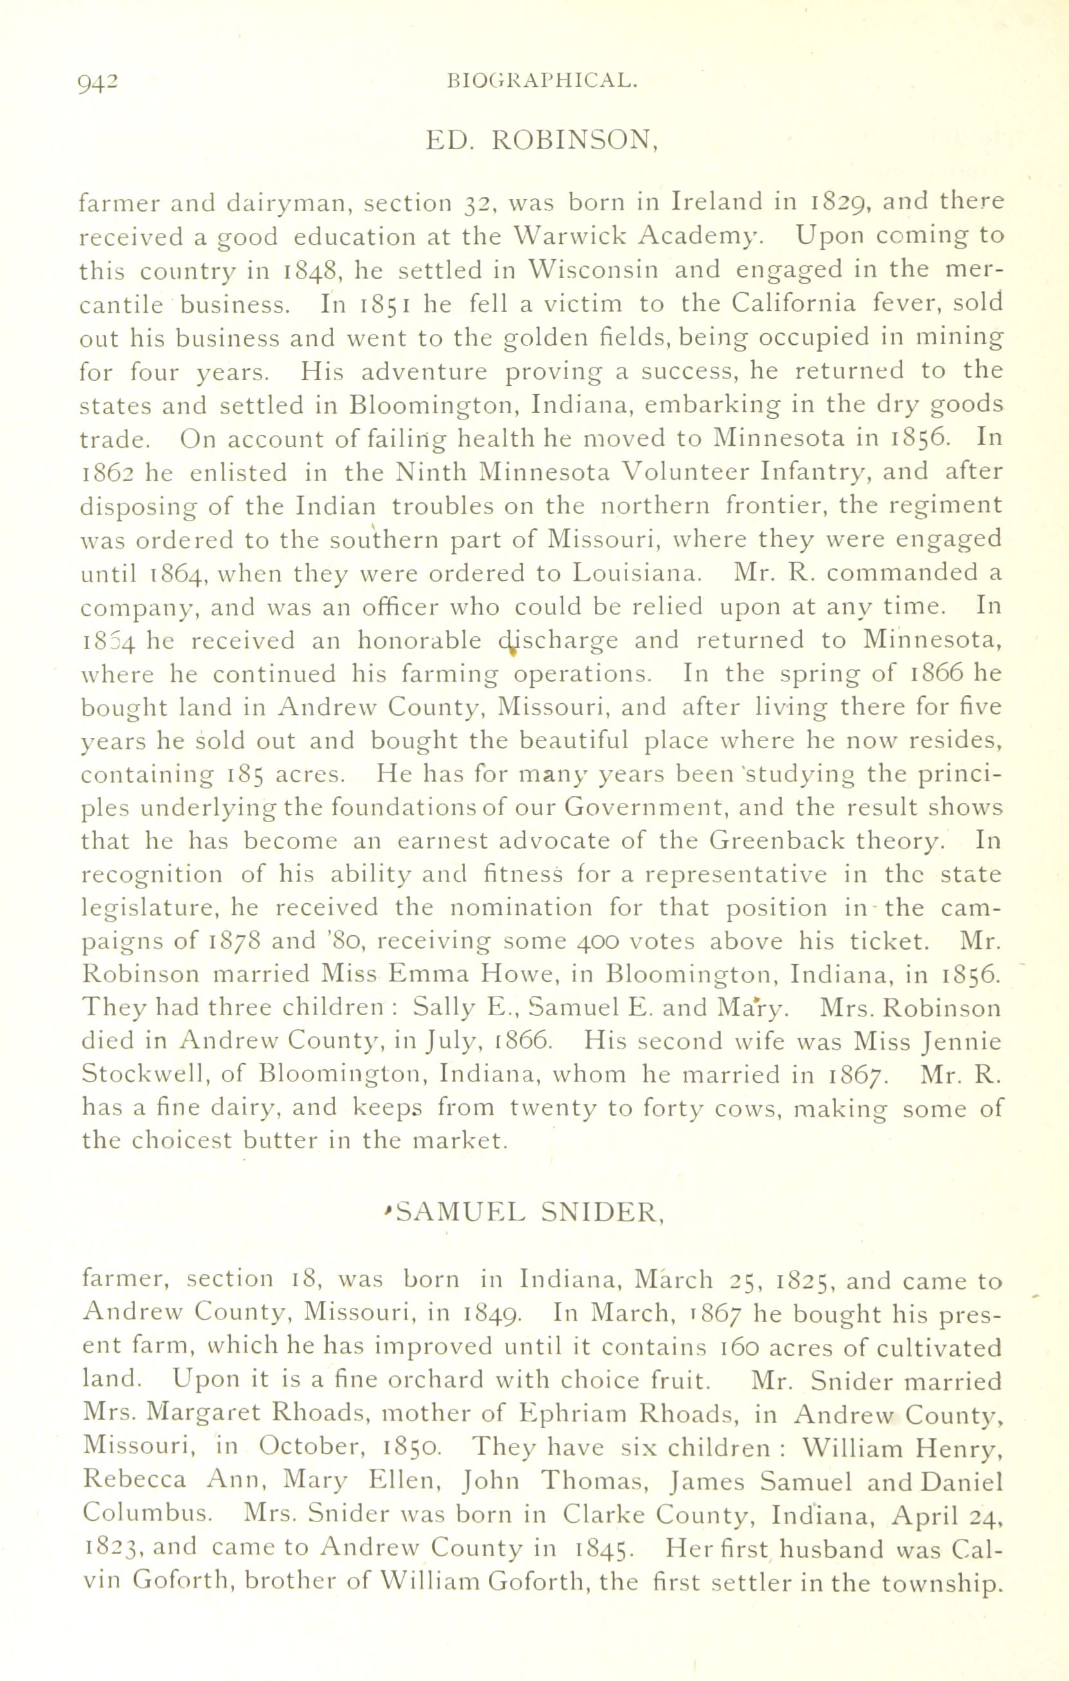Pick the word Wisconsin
coord(590,270)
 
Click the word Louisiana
coord(634,573)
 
